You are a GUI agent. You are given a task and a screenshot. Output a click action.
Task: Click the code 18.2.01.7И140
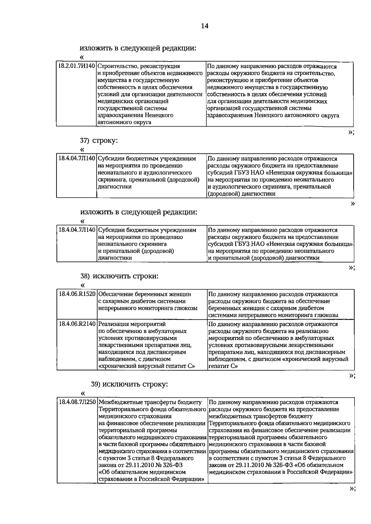(77, 66)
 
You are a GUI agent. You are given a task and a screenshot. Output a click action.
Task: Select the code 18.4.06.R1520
(77, 294)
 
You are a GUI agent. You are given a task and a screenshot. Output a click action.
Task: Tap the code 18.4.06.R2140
(77, 324)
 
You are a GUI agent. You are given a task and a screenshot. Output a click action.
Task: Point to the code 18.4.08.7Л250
(77, 402)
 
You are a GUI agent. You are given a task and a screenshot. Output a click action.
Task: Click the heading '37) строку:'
(99, 141)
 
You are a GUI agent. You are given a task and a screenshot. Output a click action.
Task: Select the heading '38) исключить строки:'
(119, 276)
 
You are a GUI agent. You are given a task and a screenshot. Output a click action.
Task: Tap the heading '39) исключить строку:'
(130, 384)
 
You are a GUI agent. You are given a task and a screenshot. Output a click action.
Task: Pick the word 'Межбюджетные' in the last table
(118, 402)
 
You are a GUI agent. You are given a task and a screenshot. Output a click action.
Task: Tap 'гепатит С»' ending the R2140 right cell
(223, 366)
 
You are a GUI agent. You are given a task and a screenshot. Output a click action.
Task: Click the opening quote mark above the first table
(82, 57)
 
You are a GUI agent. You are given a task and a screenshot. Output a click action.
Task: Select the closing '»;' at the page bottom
(352, 497)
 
